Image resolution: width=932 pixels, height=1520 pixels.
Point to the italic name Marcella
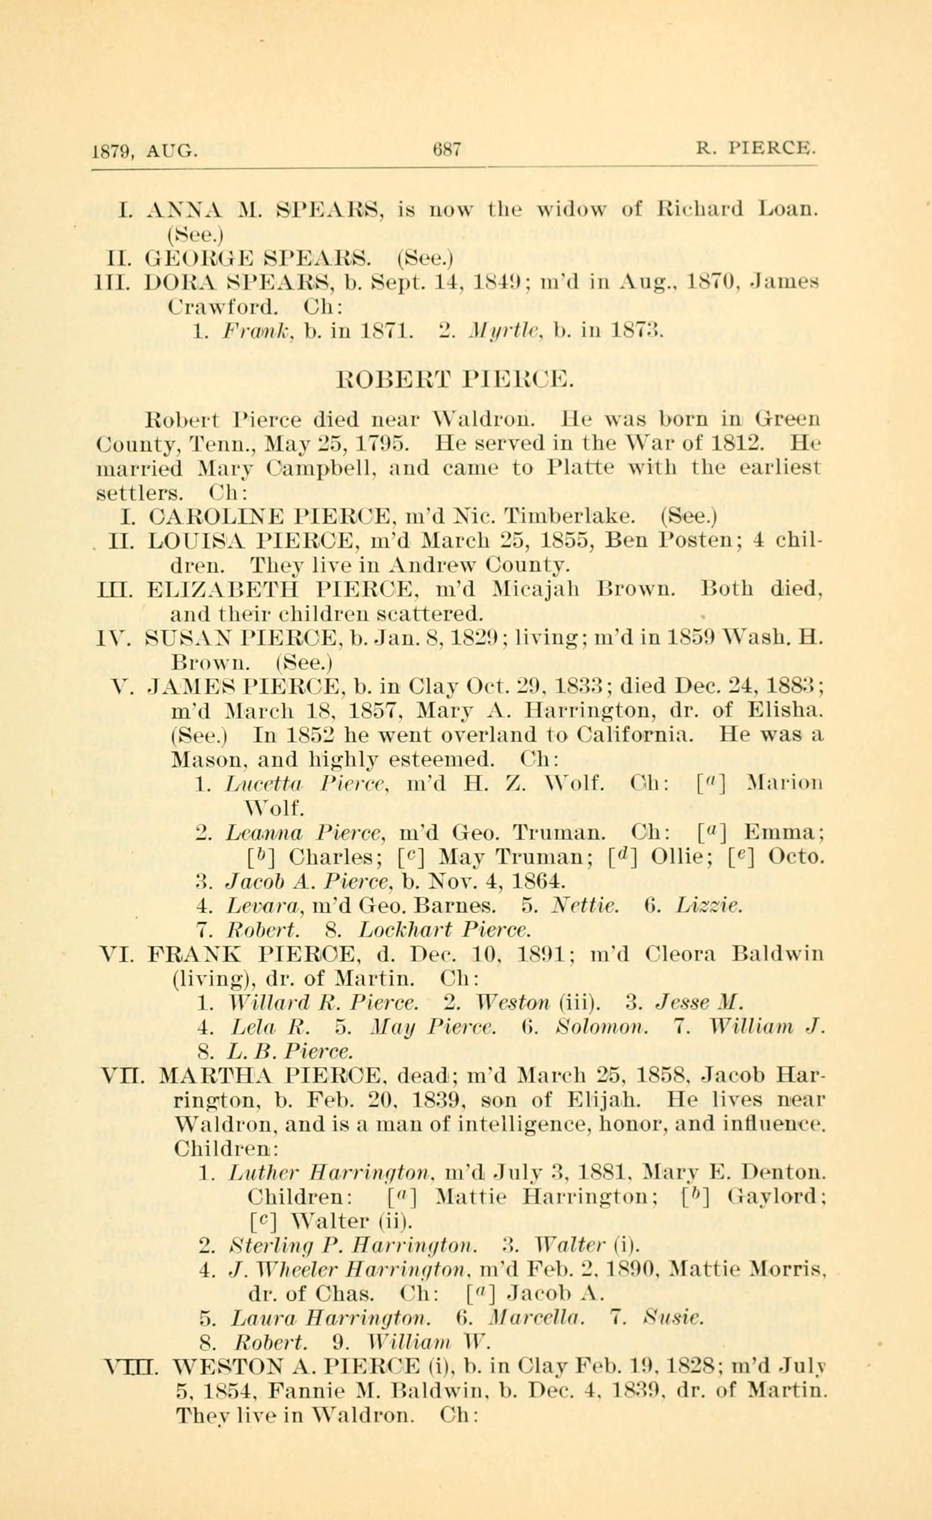[x=531, y=1317]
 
